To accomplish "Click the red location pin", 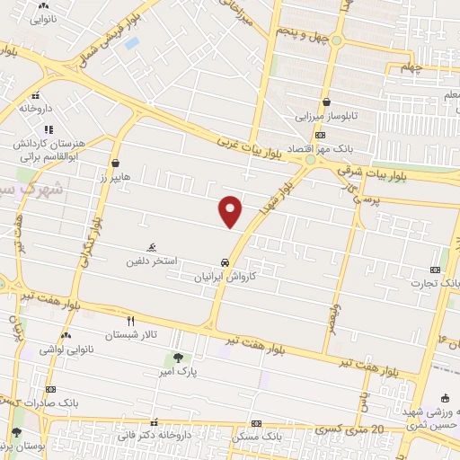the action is coord(231,209).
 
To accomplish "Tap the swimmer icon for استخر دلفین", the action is coord(152,247).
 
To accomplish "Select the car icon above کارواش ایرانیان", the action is coord(225,263).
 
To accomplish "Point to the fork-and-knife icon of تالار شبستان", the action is coord(130,320).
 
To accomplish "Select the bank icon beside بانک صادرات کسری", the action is coord(50,389).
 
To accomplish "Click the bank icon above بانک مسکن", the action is coord(257,421).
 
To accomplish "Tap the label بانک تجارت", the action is coord(429,283).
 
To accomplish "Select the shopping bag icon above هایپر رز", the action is coord(116,163).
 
